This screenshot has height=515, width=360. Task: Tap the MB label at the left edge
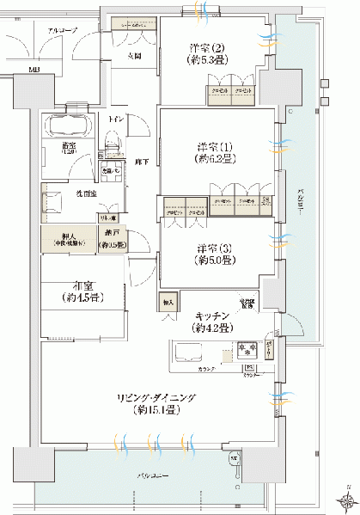[x=34, y=71]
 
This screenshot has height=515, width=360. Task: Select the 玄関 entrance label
[x=133, y=56]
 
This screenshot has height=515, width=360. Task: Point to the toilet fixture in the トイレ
[x=112, y=141]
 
